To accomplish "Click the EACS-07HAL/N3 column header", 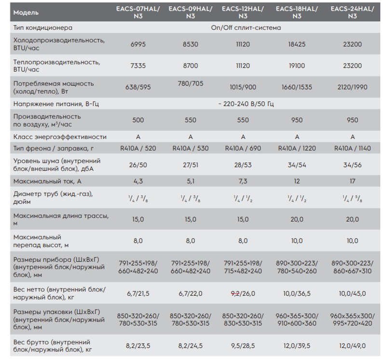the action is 138,13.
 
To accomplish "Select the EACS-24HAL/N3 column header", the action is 352,13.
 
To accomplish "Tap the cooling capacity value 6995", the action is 138,44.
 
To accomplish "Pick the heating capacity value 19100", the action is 297,66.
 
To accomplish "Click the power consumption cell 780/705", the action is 191,83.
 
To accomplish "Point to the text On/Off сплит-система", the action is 246,28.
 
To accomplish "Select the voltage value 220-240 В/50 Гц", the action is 248,104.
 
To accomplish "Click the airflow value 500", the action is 138,120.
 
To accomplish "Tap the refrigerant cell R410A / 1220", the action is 297,148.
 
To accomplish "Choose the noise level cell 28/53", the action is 243,165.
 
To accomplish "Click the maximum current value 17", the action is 353,181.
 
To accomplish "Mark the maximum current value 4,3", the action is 138,181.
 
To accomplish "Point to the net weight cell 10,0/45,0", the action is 352,293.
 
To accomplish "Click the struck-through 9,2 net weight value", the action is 235,293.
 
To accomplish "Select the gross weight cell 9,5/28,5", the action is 243,346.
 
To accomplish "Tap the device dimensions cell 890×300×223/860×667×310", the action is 352,267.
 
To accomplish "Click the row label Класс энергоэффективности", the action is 60,137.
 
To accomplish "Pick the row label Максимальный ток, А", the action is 47,181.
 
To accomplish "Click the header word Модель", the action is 26,13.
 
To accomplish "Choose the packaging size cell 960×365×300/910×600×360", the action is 297,319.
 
